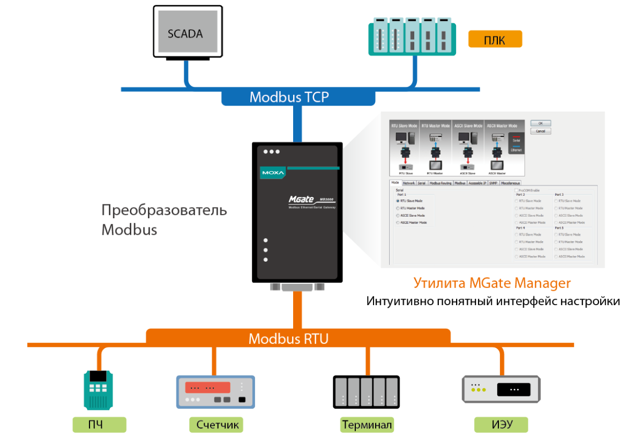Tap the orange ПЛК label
495,40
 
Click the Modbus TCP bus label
289,98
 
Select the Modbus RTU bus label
288,339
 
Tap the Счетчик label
216,425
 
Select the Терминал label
367,425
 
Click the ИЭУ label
502,425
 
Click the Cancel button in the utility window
540,131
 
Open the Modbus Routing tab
441,183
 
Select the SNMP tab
494,183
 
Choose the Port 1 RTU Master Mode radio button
398,208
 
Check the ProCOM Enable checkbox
516,190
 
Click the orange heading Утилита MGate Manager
492,283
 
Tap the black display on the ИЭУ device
514,389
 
